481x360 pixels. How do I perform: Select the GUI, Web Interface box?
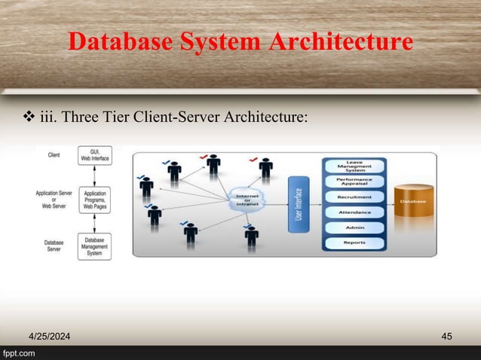pos(95,155)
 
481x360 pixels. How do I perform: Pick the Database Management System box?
pos(95,246)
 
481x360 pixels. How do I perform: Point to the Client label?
pos(54,155)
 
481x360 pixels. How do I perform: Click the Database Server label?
pos(54,246)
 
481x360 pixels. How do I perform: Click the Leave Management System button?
pos(354,165)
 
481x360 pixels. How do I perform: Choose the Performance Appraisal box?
pos(354,182)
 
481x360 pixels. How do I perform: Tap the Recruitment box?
pos(354,197)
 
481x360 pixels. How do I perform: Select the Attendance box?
pos(354,212)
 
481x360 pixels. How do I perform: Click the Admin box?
pos(354,227)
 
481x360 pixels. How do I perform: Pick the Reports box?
pos(354,243)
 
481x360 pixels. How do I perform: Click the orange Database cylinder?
pos(413,202)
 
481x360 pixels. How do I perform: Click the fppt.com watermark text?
pos(21,353)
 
